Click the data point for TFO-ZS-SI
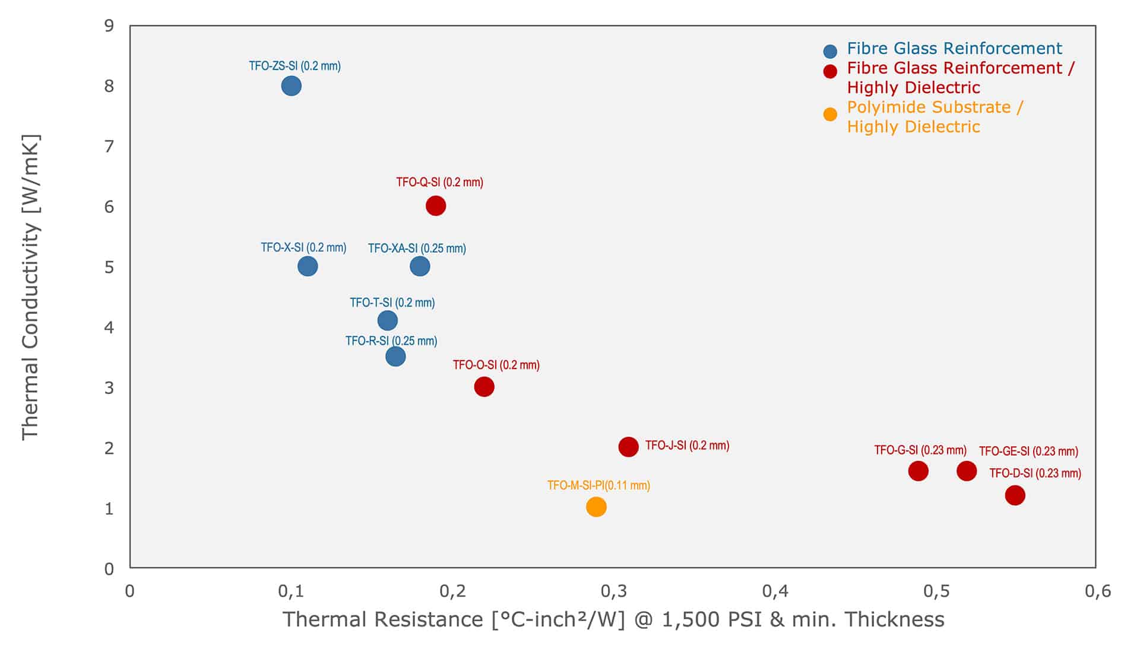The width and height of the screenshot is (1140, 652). [x=291, y=86]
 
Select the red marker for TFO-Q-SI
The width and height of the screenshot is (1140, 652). [x=436, y=206]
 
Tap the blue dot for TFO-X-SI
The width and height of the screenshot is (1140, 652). [x=308, y=266]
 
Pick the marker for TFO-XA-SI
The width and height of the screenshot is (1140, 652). [x=420, y=266]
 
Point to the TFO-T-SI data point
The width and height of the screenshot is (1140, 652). [x=388, y=321]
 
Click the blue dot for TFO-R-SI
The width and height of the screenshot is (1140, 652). [x=395, y=357]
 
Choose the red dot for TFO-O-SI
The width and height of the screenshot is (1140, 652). [x=484, y=387]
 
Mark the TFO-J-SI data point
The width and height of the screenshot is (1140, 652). [x=628, y=447]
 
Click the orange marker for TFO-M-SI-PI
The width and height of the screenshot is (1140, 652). [x=596, y=507]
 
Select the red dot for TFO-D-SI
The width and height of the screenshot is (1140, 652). [x=1015, y=495]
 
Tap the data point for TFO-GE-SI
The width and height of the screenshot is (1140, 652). [x=967, y=471]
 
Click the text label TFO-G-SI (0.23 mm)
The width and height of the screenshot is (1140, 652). [x=920, y=450]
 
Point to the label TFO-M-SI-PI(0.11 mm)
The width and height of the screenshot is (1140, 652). [x=598, y=485]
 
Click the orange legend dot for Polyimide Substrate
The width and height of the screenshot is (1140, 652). [x=830, y=115]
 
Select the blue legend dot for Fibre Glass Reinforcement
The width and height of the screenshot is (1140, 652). [x=830, y=52]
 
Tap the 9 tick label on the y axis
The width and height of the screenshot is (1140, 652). [x=109, y=26]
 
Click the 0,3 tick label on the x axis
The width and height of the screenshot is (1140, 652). [x=614, y=591]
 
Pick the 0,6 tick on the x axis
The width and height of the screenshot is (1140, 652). [x=1097, y=591]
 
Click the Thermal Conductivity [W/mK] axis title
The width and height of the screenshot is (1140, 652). [x=30, y=287]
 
